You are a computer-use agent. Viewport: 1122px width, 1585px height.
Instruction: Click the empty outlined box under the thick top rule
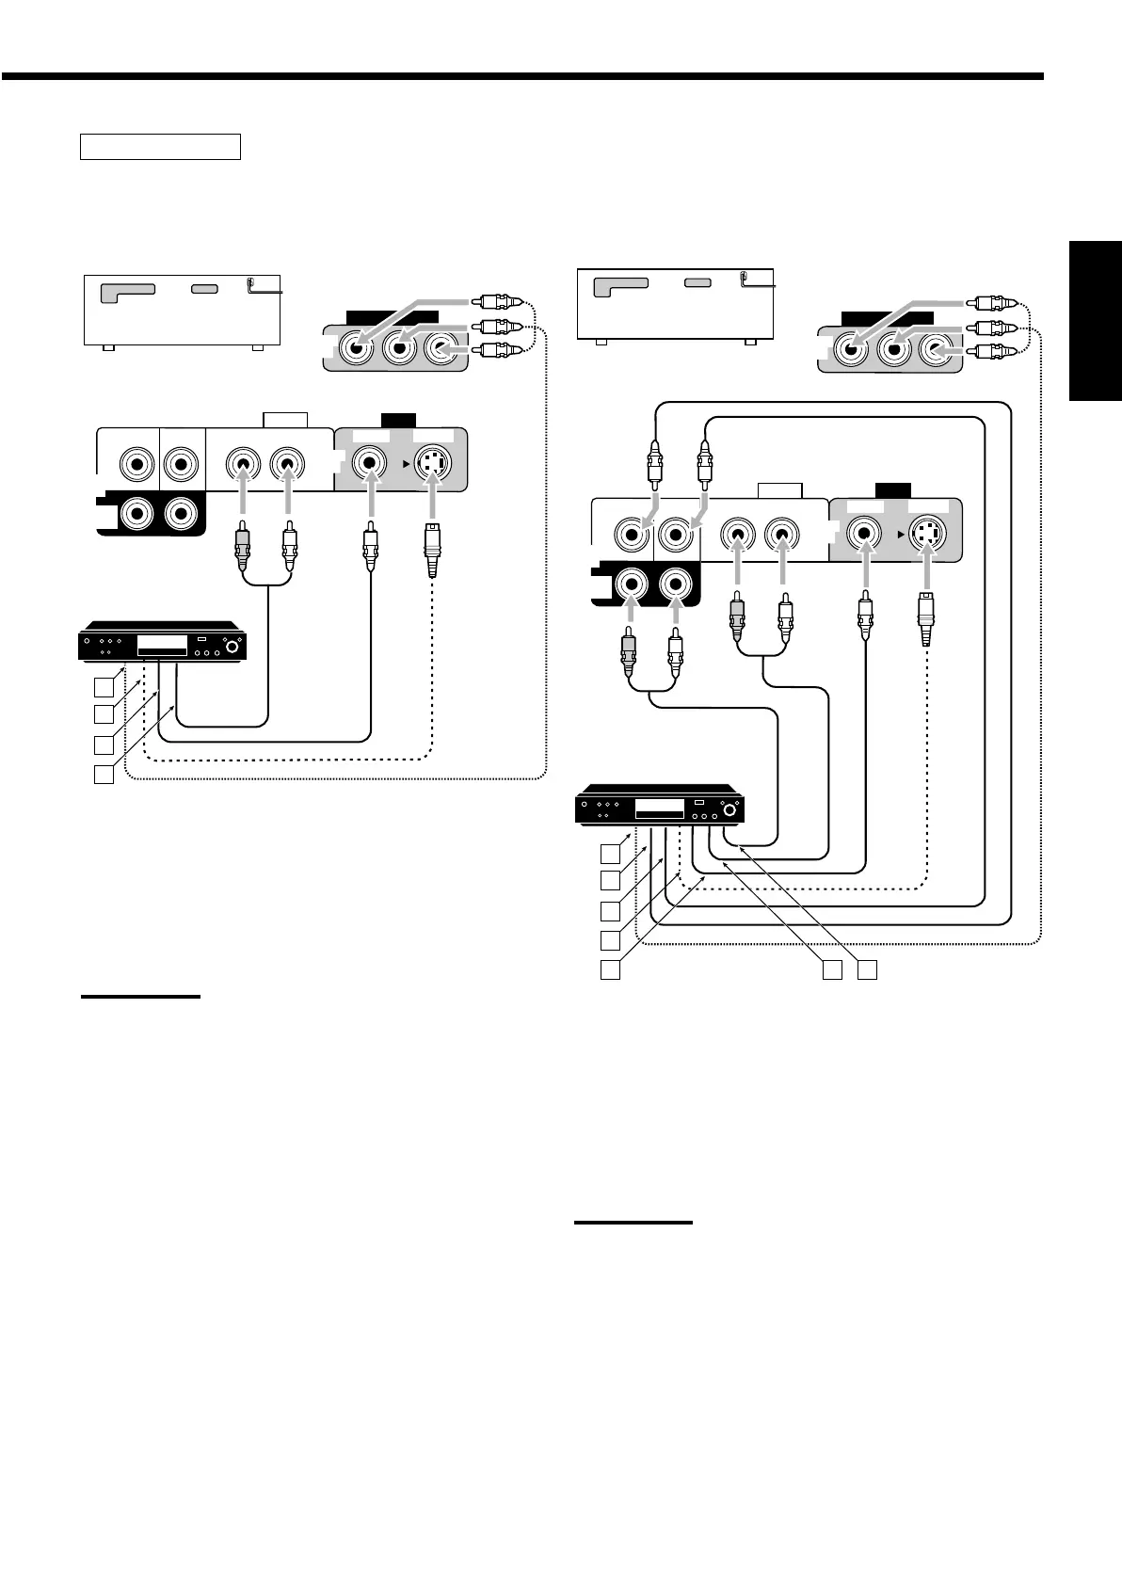point(160,147)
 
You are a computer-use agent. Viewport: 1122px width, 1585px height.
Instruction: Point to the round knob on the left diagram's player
point(228,648)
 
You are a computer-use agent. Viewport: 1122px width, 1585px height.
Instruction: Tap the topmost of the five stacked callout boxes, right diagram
point(612,854)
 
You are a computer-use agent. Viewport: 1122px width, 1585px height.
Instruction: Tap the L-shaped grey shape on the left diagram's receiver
point(130,290)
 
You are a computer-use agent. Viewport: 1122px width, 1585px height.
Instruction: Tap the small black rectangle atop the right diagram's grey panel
point(889,488)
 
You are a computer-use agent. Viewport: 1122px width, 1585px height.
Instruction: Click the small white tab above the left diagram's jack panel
point(285,419)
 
